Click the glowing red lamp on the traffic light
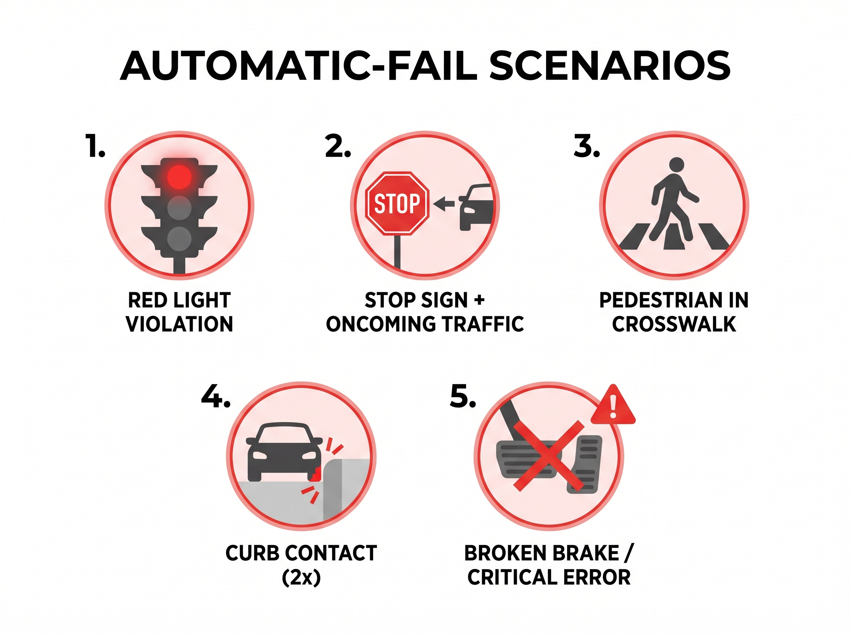tap(179, 177)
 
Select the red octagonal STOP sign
tap(397, 203)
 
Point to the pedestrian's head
tap(676, 166)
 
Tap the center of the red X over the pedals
tap(549, 456)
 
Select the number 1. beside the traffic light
tap(95, 146)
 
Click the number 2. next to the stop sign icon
tap(338, 146)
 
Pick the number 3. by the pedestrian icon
tap(586, 146)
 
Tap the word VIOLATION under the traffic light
tap(179, 324)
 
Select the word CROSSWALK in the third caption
tap(674, 324)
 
